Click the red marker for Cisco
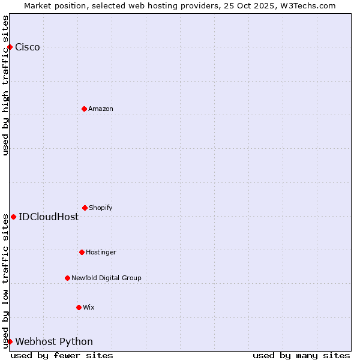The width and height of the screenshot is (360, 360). coord(10,47)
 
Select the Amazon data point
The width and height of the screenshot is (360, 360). coord(84,109)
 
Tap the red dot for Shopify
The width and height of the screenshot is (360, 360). coord(85,208)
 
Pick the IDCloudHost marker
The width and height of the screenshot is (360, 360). coord(13,217)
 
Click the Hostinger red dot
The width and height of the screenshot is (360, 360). coord(82,252)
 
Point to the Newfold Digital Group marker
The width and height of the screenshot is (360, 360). coord(67,278)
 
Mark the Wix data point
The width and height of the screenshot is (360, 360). coord(79,307)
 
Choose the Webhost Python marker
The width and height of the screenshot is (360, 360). coord(10,341)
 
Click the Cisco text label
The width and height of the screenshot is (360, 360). coord(28,47)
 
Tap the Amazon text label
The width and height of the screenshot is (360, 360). coord(101,109)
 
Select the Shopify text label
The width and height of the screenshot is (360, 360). coord(101,208)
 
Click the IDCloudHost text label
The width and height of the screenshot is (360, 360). coord(49,217)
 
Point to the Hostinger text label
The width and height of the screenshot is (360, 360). coord(101,253)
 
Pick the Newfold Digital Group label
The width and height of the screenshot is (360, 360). coord(106,278)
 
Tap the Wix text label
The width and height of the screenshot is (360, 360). coord(89,308)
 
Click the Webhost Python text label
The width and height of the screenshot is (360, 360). coord(54,342)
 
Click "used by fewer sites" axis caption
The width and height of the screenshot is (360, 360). coord(62,355)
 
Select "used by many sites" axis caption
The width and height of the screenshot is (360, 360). coord(301,355)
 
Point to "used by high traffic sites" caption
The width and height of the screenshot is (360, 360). coord(6,85)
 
